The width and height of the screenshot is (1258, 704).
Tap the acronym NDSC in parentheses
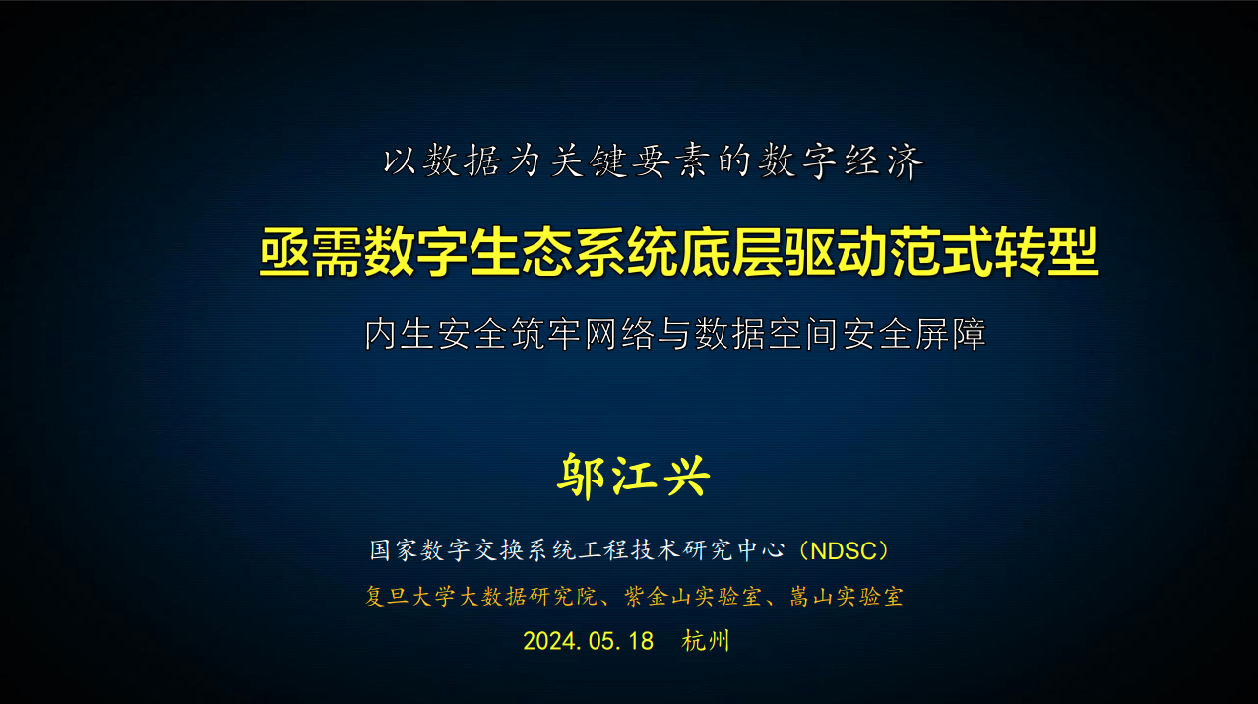(x=846, y=550)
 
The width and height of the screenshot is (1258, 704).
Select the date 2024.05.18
(x=588, y=641)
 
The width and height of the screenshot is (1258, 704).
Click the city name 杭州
(x=706, y=641)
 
